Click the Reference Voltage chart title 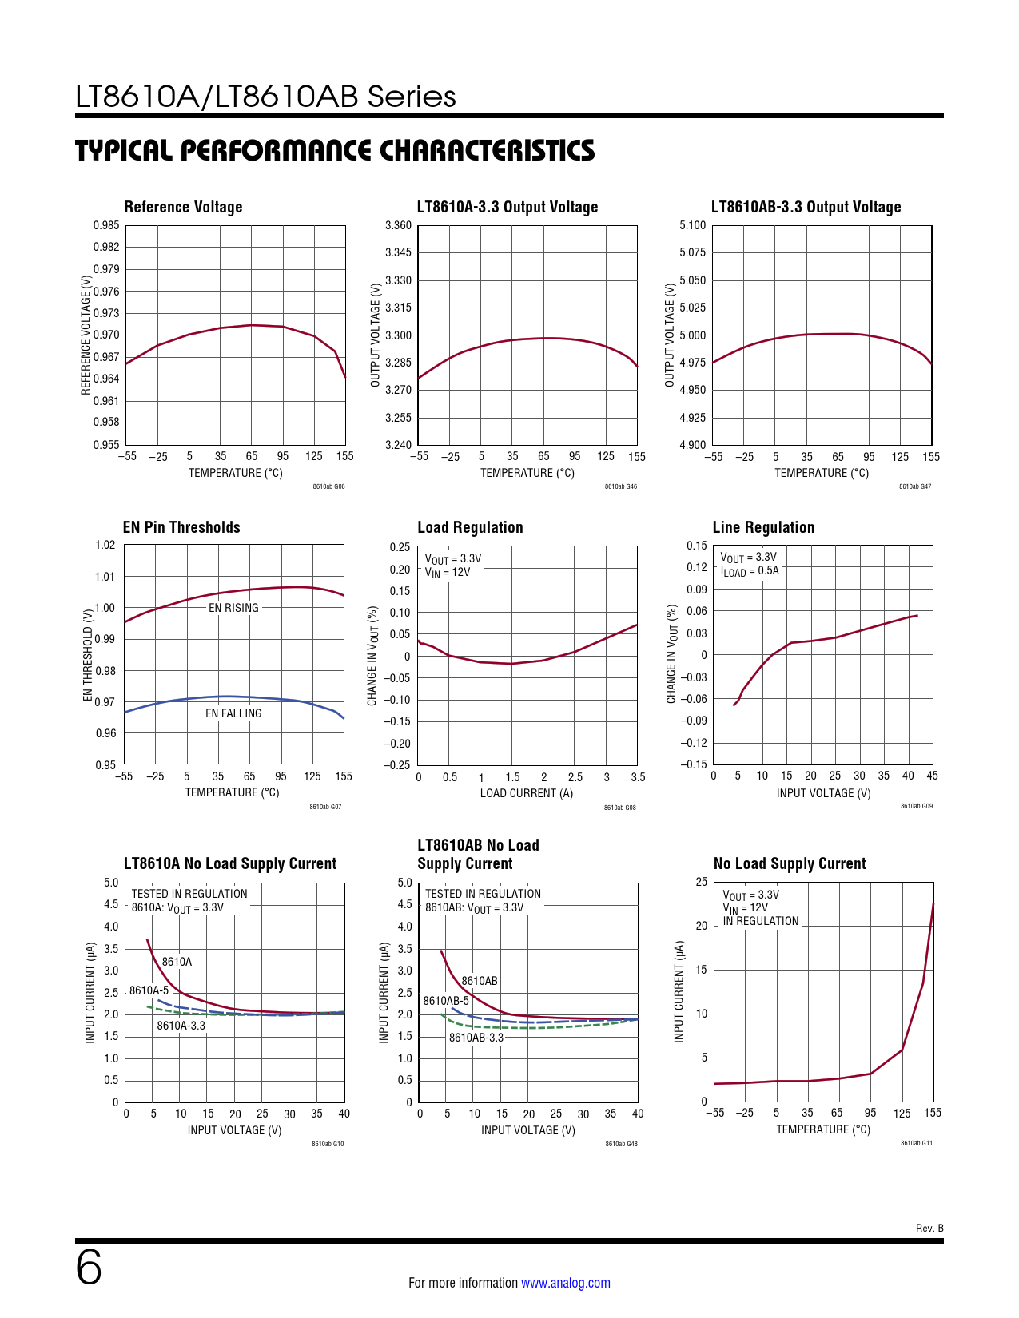tap(183, 207)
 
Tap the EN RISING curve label tap(233, 608)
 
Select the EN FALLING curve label tap(233, 713)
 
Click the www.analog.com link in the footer tap(565, 1283)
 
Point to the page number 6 tap(89, 1268)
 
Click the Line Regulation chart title tap(763, 527)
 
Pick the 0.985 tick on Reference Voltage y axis tap(106, 225)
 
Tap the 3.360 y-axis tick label tap(398, 225)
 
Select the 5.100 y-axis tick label tap(692, 225)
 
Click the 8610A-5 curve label tap(149, 990)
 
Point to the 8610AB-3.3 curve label tap(476, 1038)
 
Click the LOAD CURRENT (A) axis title tap(526, 793)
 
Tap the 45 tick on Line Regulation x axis tap(932, 776)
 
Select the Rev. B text tap(929, 1229)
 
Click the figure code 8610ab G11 tap(916, 1143)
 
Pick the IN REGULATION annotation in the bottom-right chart tap(761, 921)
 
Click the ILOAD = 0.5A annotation tap(750, 571)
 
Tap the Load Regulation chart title tap(470, 527)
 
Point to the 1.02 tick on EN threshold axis tap(105, 545)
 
